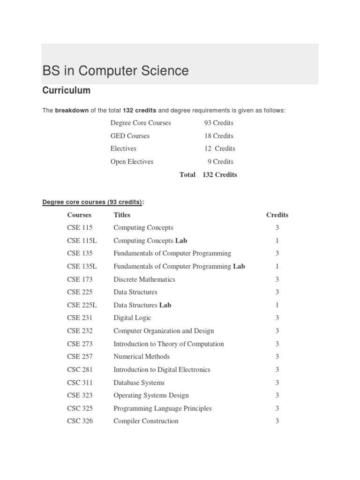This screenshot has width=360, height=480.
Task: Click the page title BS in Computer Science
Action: [x=115, y=71]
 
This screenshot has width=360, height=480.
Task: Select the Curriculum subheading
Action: [x=66, y=90]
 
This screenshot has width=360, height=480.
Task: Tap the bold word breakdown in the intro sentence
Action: [x=72, y=111]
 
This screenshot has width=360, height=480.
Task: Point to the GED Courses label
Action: [x=130, y=136]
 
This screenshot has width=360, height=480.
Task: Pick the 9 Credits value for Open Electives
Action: [x=220, y=162]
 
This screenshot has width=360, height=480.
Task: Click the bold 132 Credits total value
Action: [x=220, y=175]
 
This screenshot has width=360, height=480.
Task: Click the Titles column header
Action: [x=122, y=215]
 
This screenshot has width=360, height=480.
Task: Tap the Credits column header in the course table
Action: [x=277, y=215]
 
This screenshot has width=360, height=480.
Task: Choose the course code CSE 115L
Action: [x=82, y=240]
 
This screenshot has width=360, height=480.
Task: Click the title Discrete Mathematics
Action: [x=144, y=279]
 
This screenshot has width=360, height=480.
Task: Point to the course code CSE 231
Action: [x=80, y=318]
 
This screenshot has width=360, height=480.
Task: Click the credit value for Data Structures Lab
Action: [x=277, y=305]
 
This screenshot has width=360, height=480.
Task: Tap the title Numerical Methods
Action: [x=142, y=357]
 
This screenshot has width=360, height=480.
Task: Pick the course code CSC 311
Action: [x=80, y=382]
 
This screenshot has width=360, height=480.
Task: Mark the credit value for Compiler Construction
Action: [x=277, y=421]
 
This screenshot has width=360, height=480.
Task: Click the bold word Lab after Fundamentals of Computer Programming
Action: [x=239, y=266]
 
